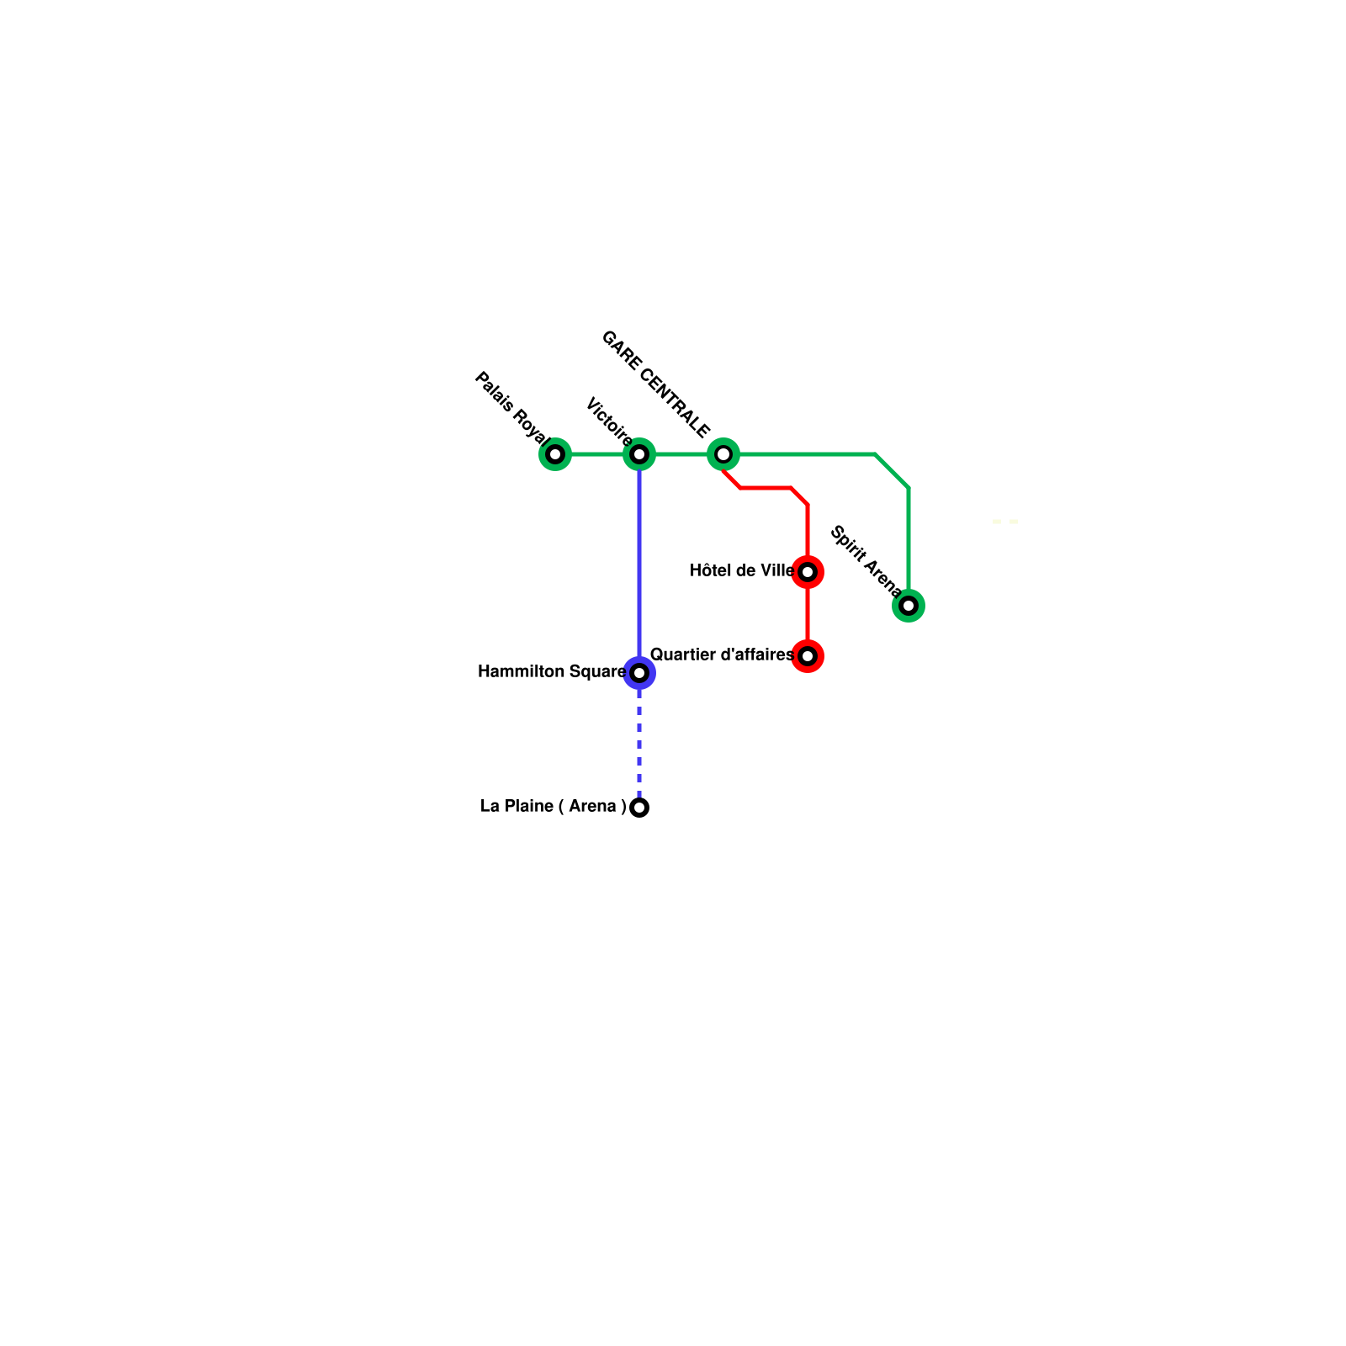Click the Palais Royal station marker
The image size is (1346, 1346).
555,454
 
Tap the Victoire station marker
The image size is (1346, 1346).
639,454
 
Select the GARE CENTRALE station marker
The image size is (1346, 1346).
723,454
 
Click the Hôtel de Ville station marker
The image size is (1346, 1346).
808,572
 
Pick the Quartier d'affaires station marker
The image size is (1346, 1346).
808,656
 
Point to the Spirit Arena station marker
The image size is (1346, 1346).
909,606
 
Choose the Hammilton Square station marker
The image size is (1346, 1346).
639,673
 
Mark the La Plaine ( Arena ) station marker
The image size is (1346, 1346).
639,808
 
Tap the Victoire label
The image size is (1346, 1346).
608,421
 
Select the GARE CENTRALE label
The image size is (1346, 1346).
655,384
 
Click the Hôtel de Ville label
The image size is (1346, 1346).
741,571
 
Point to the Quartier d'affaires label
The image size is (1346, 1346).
722,654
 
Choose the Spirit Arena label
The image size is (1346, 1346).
866,561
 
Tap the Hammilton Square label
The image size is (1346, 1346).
552,672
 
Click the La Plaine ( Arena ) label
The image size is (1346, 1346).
553,807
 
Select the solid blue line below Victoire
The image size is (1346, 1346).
639,564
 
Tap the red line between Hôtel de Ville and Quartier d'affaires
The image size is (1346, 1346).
808,614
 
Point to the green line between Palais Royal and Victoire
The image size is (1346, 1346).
597,454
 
